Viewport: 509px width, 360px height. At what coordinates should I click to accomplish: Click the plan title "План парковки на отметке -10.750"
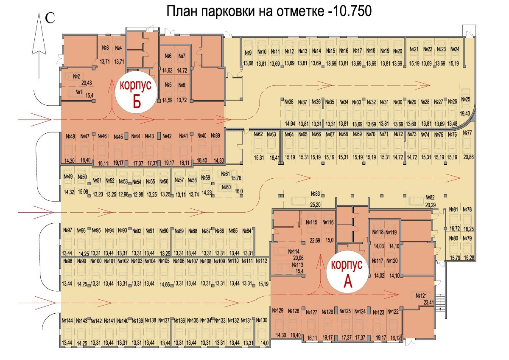click(269, 11)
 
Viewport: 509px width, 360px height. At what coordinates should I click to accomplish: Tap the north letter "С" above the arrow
click(50, 18)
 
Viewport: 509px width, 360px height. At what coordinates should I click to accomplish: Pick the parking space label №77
click(467, 133)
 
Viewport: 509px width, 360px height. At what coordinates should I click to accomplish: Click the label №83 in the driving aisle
click(315, 194)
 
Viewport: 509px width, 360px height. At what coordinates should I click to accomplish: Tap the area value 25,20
click(315, 204)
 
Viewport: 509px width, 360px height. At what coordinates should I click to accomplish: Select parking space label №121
click(421, 295)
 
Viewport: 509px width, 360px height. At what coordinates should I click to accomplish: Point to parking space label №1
click(78, 92)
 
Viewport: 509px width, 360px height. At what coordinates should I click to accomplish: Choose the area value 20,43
click(86, 83)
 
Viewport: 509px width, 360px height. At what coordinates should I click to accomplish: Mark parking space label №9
click(248, 53)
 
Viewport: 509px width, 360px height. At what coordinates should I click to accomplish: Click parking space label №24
click(455, 49)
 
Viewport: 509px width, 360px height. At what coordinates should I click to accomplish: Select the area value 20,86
click(468, 157)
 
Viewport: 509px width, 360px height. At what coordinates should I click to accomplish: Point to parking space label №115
click(312, 222)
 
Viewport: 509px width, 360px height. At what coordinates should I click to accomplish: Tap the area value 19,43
click(465, 113)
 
